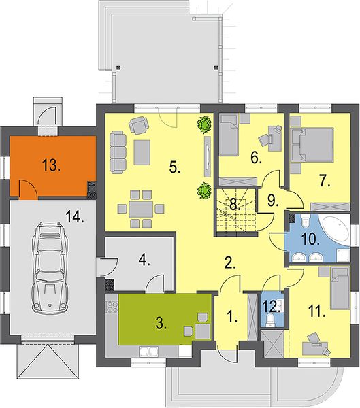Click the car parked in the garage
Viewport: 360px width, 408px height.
pyautogui.click(x=50, y=267)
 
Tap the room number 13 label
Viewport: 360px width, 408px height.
pyautogui.click(x=51, y=165)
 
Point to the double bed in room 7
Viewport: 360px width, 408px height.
pyautogui.click(x=312, y=144)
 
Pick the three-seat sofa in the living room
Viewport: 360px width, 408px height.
pyautogui.click(x=118, y=152)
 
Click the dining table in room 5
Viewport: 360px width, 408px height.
pyautogui.click(x=141, y=209)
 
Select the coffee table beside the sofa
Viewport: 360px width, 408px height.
pyautogui.click(x=142, y=152)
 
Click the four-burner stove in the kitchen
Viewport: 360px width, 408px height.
pyautogui.click(x=112, y=306)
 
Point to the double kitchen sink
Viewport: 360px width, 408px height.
pyautogui.click(x=149, y=352)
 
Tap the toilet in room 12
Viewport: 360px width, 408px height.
pyautogui.click(x=271, y=320)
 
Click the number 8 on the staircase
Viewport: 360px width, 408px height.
pyautogui.click(x=235, y=204)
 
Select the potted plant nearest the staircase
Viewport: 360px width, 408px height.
pyautogui.click(x=204, y=191)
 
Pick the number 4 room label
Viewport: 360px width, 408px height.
pyautogui.click(x=144, y=260)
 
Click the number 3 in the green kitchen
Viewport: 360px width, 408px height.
pyautogui.click(x=161, y=324)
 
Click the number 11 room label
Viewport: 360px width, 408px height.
pyautogui.click(x=316, y=311)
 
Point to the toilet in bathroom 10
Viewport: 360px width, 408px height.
pyautogui.click(x=304, y=220)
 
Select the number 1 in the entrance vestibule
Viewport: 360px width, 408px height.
pyautogui.click(x=232, y=317)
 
